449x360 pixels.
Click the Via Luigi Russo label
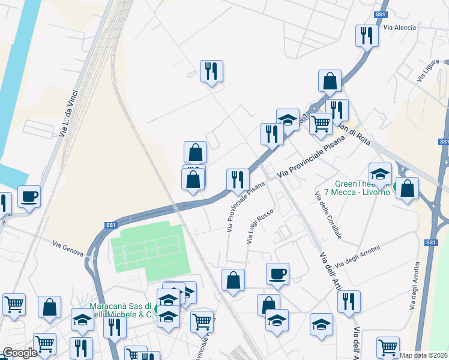(x=260, y=226)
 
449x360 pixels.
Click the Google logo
(x=20, y=353)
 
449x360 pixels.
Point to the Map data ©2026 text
(x=424, y=355)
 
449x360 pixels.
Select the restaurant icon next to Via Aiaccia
(x=366, y=35)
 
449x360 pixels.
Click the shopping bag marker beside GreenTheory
(x=408, y=188)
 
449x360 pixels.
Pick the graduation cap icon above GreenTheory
(x=380, y=173)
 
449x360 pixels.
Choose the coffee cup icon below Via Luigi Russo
(x=277, y=274)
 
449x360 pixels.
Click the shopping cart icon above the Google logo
(x=14, y=304)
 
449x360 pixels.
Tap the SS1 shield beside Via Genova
(x=110, y=225)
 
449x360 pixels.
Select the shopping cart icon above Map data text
(x=388, y=347)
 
